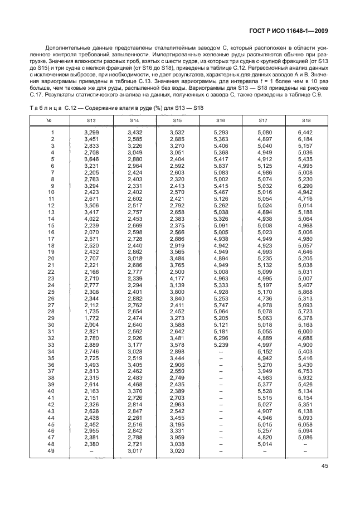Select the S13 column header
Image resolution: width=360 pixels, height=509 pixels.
click(91, 120)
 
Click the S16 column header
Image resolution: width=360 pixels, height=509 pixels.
click(220, 120)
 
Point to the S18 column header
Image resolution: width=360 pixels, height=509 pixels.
click(306, 120)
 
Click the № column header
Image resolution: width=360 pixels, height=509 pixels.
click(49, 120)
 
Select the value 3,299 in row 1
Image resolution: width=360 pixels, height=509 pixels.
click(91, 132)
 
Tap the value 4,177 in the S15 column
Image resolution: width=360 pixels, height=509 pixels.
click(177, 279)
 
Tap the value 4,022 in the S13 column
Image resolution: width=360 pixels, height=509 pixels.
click(91, 218)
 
